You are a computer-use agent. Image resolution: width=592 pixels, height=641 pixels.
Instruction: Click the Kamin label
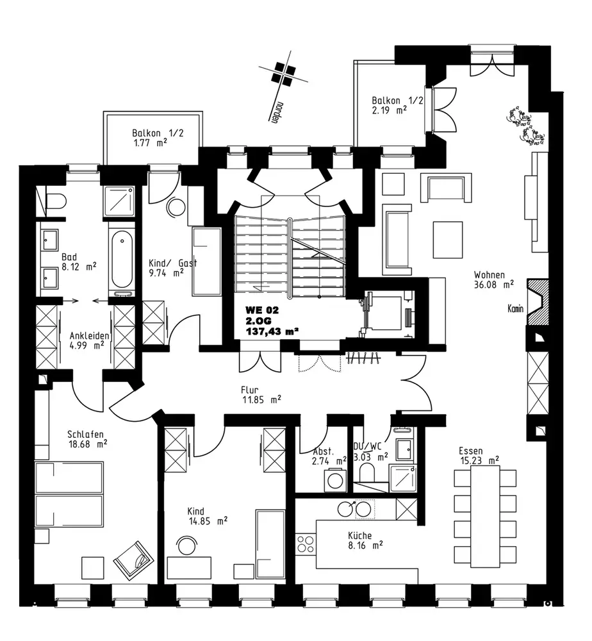(515, 309)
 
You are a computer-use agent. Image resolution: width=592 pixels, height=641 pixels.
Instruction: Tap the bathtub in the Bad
(122, 260)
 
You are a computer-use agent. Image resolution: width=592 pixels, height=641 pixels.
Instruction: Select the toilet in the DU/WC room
(366, 474)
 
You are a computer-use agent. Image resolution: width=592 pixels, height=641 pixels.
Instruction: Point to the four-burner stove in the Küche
(306, 544)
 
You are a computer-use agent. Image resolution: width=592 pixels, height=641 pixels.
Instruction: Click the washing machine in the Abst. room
(335, 480)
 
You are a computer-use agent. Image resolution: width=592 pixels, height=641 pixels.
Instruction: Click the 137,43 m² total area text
(272, 331)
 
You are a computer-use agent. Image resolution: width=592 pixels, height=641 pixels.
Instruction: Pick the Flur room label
(249, 390)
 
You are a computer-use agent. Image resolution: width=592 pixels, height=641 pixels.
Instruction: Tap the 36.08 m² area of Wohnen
(493, 285)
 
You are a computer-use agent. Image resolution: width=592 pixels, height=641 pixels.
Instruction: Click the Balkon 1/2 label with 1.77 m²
(158, 138)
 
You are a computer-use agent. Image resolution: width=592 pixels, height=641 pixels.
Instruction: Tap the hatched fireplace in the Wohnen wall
(538, 302)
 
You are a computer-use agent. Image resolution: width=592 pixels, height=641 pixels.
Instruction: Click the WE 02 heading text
(262, 310)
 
